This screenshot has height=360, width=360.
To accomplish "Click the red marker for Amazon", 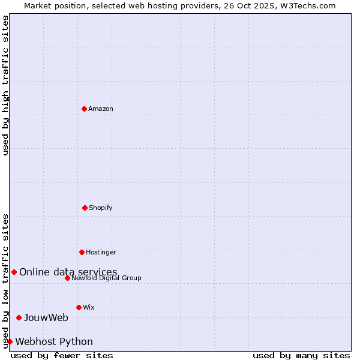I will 84,109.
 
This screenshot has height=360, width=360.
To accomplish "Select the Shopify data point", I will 85,208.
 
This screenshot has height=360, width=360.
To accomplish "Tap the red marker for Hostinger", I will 82,252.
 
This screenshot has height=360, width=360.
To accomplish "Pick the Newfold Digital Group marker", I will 67,278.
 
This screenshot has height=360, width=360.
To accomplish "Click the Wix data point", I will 79,307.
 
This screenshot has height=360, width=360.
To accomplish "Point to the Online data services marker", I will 14,272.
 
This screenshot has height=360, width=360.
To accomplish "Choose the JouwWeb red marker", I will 19,317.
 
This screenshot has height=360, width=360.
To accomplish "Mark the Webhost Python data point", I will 10,341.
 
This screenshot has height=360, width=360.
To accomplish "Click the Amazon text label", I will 101,109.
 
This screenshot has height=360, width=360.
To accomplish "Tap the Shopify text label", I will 101,208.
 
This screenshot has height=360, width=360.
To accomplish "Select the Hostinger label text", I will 101,252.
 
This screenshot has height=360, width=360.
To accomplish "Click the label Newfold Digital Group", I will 106,278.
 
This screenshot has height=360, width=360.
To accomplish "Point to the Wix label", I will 89,307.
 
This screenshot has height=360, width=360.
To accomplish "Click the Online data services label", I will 68,272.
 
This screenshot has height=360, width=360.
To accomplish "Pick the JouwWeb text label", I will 46,318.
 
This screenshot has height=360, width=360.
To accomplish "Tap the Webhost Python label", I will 54,342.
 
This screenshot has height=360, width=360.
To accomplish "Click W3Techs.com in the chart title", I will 306,5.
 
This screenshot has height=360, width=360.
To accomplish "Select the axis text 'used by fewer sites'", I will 62,355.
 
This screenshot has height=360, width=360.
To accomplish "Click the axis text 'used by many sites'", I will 301,355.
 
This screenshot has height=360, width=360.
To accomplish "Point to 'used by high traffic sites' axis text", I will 5,85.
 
